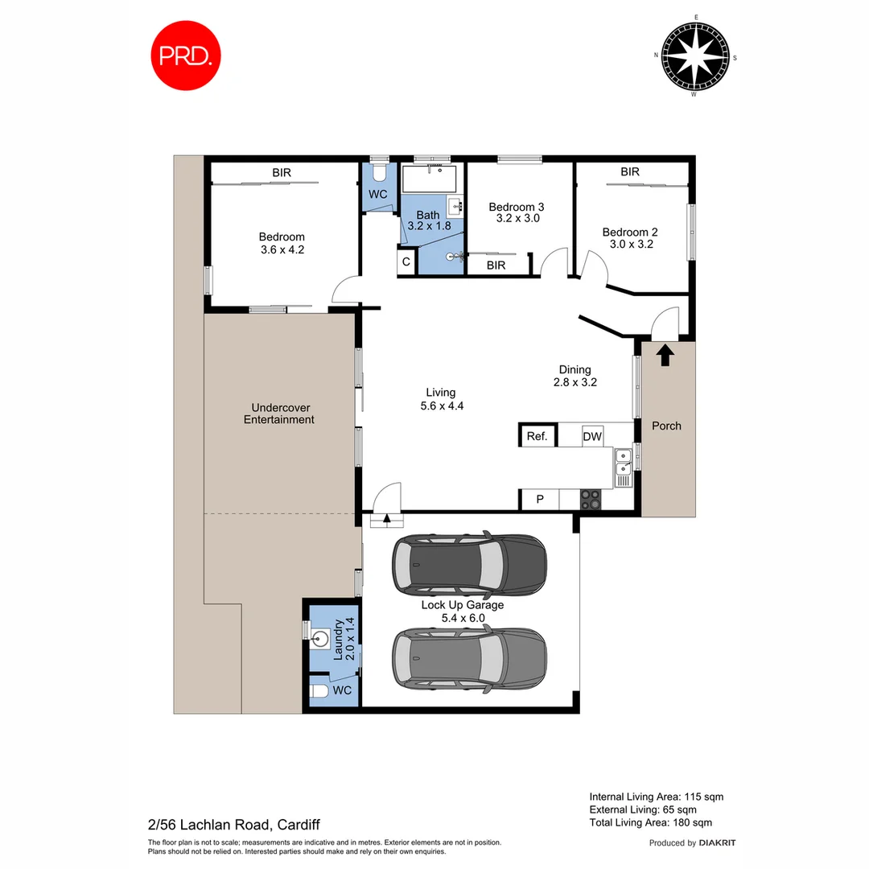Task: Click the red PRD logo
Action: click(x=187, y=56)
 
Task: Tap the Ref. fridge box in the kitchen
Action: click(x=537, y=436)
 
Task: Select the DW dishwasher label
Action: click(x=592, y=436)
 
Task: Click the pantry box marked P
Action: click(x=540, y=500)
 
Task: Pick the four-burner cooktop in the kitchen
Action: click(x=591, y=500)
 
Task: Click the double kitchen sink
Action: click(x=624, y=463)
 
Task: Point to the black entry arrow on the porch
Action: click(x=665, y=354)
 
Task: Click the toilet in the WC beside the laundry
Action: click(x=320, y=691)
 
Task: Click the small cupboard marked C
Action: click(x=406, y=262)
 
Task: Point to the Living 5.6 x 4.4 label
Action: click(x=442, y=399)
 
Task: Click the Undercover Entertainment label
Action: click(x=278, y=414)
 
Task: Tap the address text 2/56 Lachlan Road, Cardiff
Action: click(x=233, y=825)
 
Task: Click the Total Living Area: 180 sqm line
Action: click(x=650, y=822)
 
